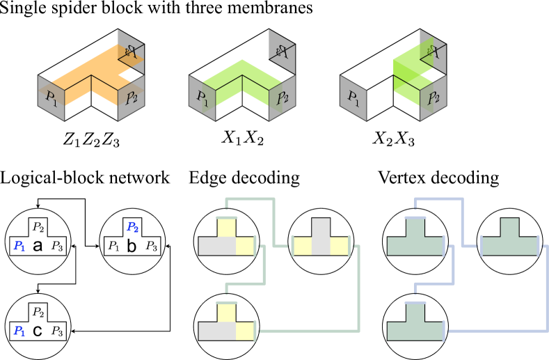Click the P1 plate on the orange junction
pyautogui.click(x=51, y=98)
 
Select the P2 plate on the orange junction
pyautogui.click(x=132, y=98)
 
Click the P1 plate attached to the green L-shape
pyautogui.click(x=202, y=98)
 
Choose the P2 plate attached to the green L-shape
pyautogui.click(x=283, y=98)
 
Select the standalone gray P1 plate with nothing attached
pyautogui.click(x=353, y=98)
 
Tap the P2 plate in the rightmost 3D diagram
pyautogui.click(x=433, y=98)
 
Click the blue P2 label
pyautogui.click(x=132, y=227)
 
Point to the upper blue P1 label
pyautogui.click(x=19, y=246)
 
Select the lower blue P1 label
pyautogui.click(x=19, y=331)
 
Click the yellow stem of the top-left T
pyautogui.click(x=226, y=228)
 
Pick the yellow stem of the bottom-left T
pyautogui.click(x=226, y=313)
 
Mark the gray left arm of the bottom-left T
pyautogui.click(x=212, y=331)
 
